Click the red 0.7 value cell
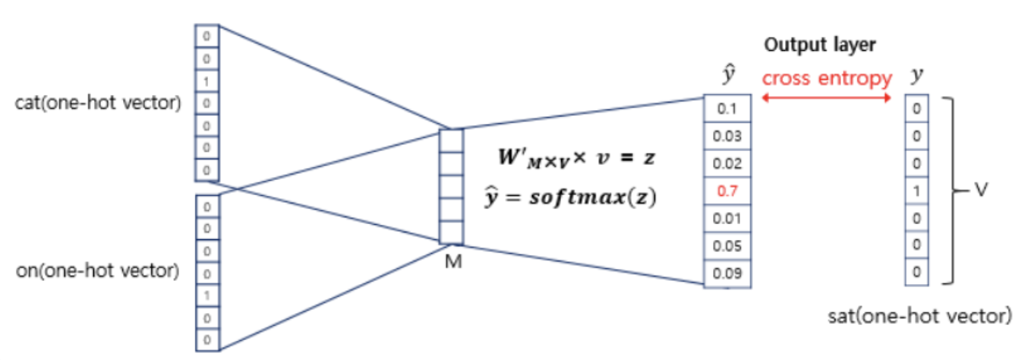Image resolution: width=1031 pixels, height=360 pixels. coord(727,191)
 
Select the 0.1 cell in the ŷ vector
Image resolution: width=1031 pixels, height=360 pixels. coord(727,109)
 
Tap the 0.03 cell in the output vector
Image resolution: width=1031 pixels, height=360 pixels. coord(727,137)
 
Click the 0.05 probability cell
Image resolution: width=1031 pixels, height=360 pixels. coord(727,246)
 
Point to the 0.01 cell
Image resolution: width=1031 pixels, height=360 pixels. coord(727,219)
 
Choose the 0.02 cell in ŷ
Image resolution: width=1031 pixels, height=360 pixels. coord(727,164)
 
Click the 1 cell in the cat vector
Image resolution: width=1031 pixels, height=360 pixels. coord(207,81)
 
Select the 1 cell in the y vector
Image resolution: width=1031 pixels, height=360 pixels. coord(917,191)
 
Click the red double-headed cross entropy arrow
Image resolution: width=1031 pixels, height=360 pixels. coord(827,98)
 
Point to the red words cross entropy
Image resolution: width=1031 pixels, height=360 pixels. coord(827,78)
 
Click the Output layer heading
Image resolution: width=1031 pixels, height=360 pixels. coord(820,45)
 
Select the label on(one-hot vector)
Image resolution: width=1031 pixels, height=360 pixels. coord(97,270)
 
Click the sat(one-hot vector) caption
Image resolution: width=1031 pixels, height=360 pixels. coord(918,314)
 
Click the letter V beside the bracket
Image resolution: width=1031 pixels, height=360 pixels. coord(981,191)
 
